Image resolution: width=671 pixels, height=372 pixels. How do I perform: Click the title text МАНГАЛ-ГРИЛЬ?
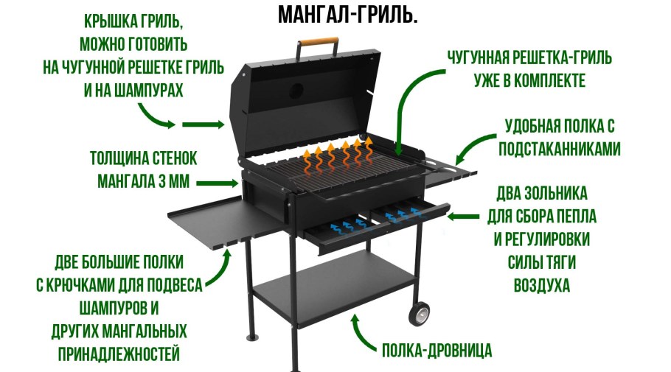[348, 15]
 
